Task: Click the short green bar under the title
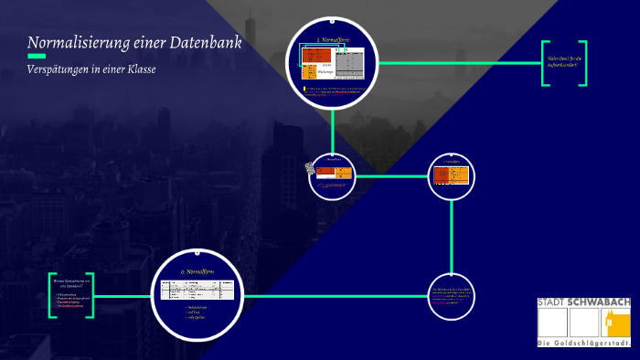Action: pos(37,57)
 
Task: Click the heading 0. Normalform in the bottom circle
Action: pos(197,272)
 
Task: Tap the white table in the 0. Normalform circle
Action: pos(197,290)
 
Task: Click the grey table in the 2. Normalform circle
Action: pos(349,63)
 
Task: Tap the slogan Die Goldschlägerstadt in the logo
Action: pos(583,343)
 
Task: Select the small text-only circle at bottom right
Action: pos(452,296)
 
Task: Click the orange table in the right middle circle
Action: pos(452,175)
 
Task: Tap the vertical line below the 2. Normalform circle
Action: pos(332,129)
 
